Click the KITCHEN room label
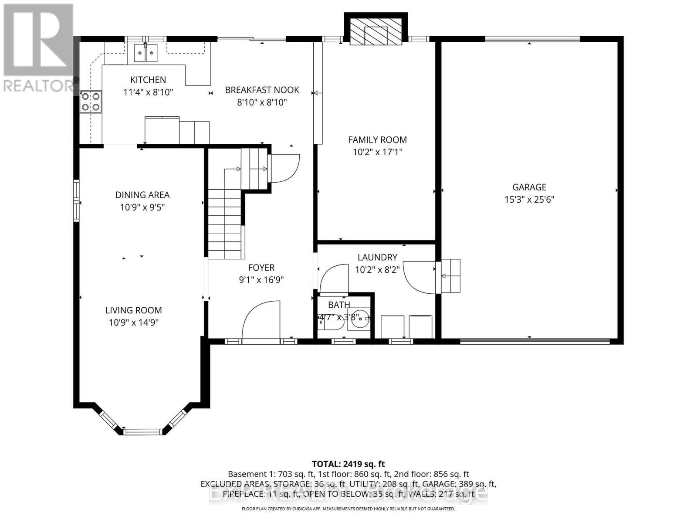[148, 80]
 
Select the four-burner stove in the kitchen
[91, 102]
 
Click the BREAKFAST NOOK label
[262, 90]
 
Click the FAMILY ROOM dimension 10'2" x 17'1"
[377, 152]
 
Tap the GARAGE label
[529, 187]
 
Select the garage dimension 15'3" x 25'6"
[529, 200]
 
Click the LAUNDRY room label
[377, 258]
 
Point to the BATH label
[339, 305]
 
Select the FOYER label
[261, 268]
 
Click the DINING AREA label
[142, 195]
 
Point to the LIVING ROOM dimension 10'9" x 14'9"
[133, 323]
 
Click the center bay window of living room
[142, 431]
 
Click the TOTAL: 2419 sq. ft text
[348, 464]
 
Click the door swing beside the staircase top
[284, 168]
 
